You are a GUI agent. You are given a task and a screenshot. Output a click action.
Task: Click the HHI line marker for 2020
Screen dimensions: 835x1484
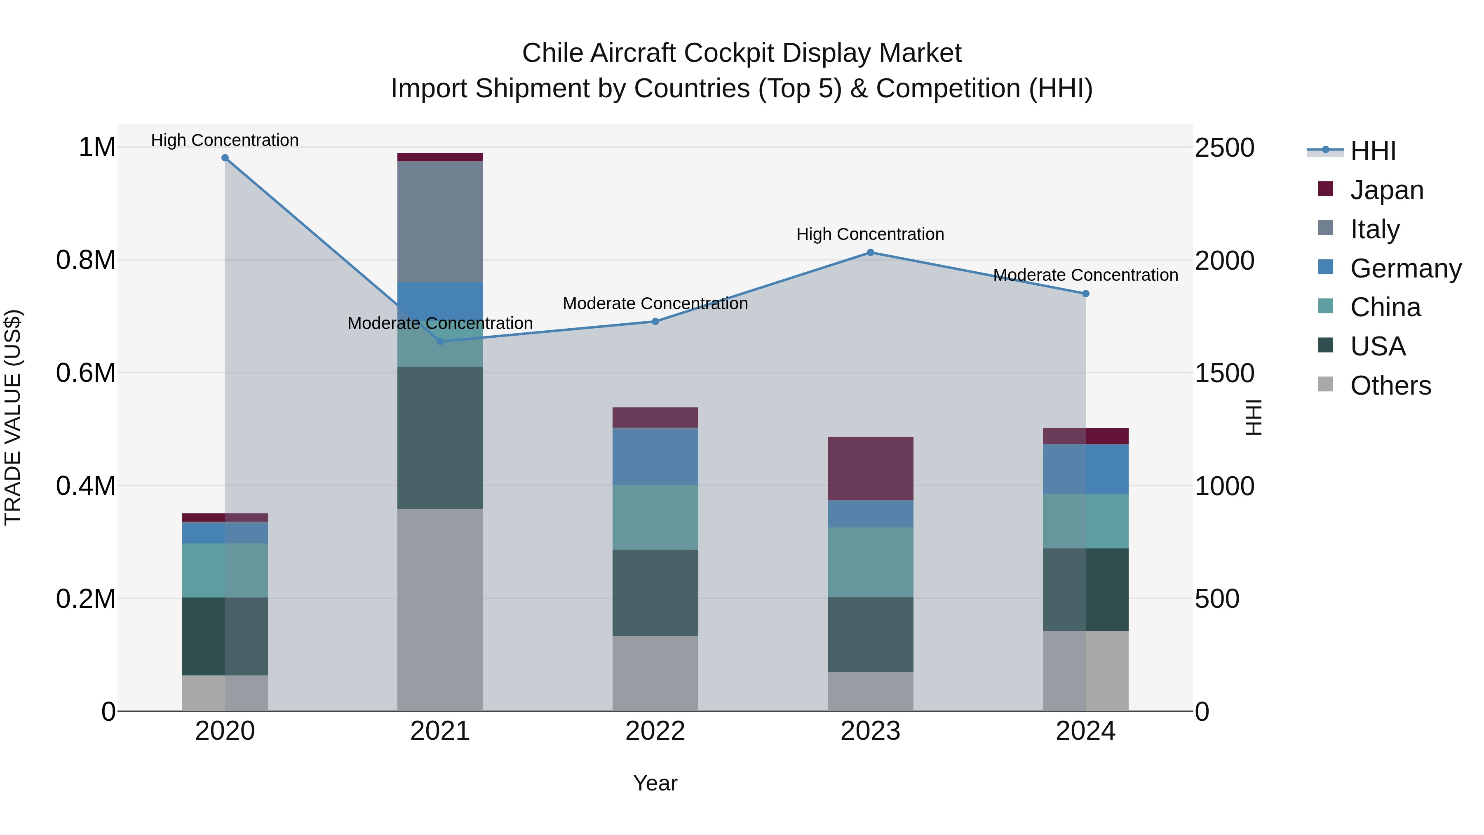(x=225, y=158)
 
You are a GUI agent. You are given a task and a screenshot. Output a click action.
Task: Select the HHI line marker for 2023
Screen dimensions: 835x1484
(x=871, y=252)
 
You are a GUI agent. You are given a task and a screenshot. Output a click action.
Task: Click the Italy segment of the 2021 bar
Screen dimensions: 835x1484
(x=440, y=222)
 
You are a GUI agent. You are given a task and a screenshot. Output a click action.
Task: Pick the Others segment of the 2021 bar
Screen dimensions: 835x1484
(x=440, y=610)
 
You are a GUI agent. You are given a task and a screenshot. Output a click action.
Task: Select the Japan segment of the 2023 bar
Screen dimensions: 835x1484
(x=871, y=468)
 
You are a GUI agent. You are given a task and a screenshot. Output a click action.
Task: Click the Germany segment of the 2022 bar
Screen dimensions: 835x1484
(x=655, y=456)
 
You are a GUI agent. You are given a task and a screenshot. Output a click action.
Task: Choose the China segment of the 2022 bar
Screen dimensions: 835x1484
(x=655, y=517)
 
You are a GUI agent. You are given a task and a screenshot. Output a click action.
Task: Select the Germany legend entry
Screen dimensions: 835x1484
(x=1405, y=268)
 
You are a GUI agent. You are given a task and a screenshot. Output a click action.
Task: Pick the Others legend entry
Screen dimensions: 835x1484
(x=1390, y=386)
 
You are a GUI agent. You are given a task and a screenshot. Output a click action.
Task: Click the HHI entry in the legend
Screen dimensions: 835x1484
(x=1372, y=151)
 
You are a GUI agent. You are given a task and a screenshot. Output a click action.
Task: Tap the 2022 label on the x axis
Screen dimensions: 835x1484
(x=655, y=731)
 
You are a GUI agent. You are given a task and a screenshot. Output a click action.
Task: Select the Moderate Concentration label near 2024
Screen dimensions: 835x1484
(x=1085, y=275)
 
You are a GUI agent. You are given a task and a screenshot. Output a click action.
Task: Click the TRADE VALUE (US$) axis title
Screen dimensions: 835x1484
(x=13, y=417)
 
